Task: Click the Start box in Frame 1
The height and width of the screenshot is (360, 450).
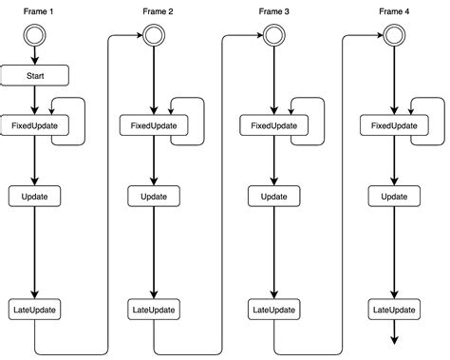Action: tap(34, 74)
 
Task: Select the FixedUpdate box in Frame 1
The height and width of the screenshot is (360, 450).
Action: tap(34, 125)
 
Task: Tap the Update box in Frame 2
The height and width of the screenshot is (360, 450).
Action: tap(154, 196)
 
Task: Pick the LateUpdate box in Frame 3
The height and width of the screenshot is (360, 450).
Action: tap(273, 310)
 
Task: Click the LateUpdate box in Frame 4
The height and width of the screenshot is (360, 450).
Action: tap(393, 310)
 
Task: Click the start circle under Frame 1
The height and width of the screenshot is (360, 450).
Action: tap(34, 36)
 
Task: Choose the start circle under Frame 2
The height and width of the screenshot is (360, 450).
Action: tap(154, 36)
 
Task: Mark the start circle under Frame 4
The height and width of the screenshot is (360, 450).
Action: tap(393, 36)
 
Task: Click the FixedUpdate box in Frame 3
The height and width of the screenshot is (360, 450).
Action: tap(273, 125)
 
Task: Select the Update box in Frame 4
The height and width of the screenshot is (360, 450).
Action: tap(393, 196)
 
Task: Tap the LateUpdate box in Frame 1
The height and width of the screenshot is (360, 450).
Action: tap(34, 310)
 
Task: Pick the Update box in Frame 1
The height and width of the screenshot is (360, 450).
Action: tap(34, 196)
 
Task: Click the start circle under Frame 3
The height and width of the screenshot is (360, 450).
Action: tap(273, 36)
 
